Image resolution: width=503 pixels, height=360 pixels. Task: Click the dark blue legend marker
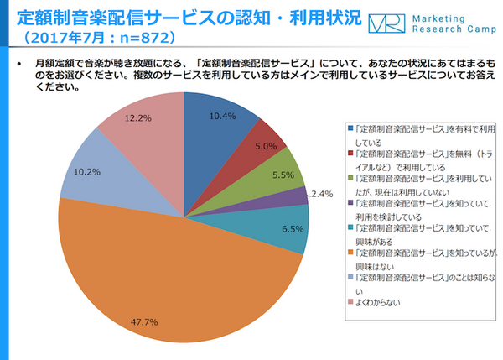[x=351, y=128]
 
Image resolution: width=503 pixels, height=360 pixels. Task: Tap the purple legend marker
[x=351, y=202]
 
